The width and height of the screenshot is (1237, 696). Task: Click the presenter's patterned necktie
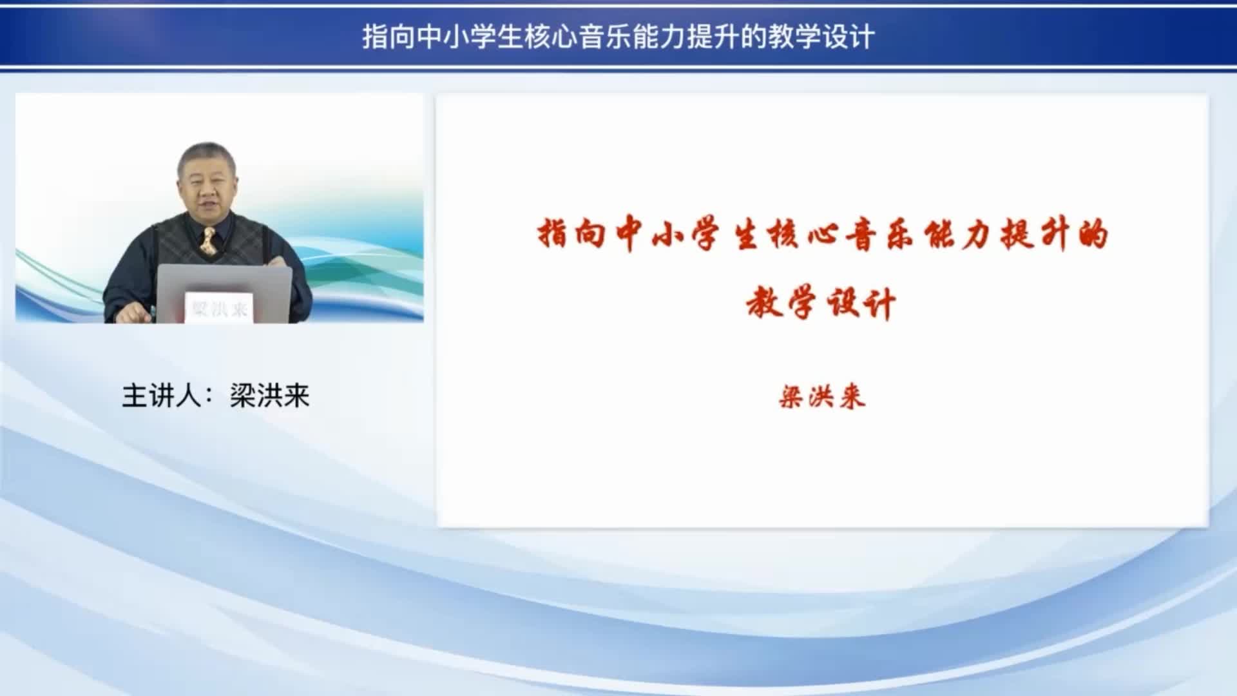click(x=207, y=240)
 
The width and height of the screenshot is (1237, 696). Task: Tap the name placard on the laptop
click(x=219, y=307)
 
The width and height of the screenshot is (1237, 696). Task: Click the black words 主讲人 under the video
click(x=162, y=396)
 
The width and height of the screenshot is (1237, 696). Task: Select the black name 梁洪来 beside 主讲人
click(x=270, y=396)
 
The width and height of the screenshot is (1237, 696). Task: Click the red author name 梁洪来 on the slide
click(x=821, y=396)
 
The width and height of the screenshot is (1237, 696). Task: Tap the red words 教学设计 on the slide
click(x=821, y=302)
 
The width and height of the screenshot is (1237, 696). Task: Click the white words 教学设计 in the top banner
click(x=821, y=37)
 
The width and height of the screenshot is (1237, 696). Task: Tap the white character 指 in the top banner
click(x=375, y=37)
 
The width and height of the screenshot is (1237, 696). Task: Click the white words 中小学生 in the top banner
click(x=470, y=37)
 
